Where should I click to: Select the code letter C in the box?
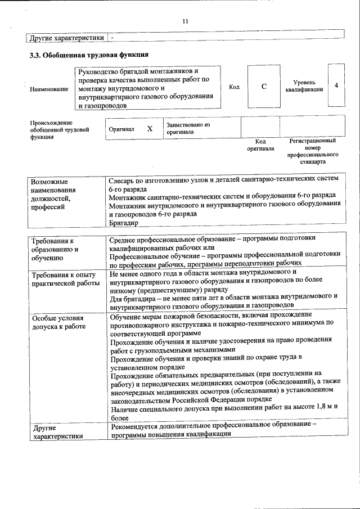pyautogui.click(x=264, y=87)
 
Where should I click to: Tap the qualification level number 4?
pyautogui.click(x=336, y=85)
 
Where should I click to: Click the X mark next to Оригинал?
pyautogui.click(x=150, y=128)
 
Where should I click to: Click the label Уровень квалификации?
pyautogui.click(x=304, y=86)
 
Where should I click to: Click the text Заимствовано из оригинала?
pyautogui.click(x=187, y=128)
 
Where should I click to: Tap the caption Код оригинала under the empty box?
pyautogui.click(x=260, y=145)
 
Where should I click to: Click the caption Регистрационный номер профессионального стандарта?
pyautogui.click(x=312, y=151)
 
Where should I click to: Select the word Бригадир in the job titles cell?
pyautogui.click(x=123, y=223)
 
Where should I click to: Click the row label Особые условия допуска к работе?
pyautogui.click(x=58, y=322)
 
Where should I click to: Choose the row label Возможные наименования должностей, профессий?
pyautogui.click(x=55, y=194)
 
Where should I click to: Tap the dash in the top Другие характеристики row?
pyautogui.click(x=112, y=38)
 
